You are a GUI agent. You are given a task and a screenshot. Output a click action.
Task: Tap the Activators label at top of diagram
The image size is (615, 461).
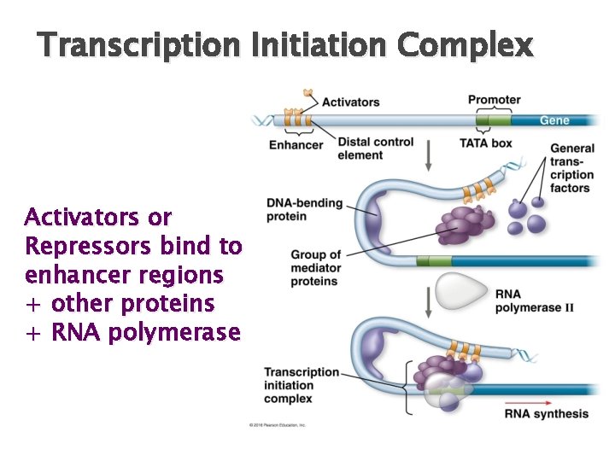350,102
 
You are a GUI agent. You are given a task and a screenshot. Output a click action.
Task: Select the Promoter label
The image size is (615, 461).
494,100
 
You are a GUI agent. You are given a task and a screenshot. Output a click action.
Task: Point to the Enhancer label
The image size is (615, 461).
296,144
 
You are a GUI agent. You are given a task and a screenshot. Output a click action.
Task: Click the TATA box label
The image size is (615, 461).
485,143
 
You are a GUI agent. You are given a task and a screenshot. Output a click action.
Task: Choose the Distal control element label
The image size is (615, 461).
375,149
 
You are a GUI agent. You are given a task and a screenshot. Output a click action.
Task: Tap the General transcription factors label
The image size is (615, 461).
571,168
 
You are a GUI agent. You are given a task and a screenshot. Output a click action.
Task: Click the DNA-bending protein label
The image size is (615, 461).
304,210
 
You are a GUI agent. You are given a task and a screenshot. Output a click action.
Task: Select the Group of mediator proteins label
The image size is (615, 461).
315,268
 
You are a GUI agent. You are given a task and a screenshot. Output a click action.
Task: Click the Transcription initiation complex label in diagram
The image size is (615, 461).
301,385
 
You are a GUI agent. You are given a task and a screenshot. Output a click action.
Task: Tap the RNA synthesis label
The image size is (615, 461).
547,414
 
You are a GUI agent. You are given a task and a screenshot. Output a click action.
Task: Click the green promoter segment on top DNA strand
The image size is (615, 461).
494,120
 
